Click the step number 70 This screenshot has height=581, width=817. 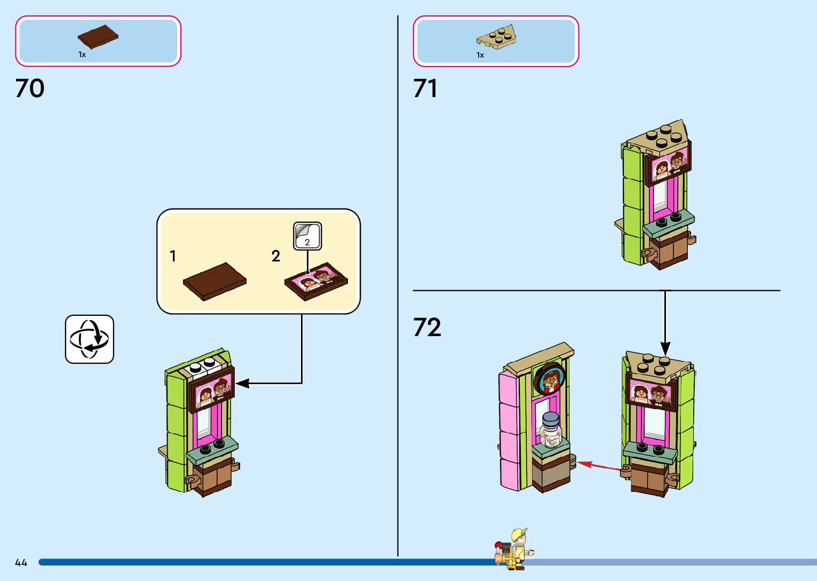tap(30, 89)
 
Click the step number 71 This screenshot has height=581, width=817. tap(425, 89)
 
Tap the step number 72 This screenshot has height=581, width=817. tap(427, 328)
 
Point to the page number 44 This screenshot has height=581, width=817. tap(21, 562)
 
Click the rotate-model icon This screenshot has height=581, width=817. tap(90, 339)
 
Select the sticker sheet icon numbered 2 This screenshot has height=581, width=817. tap(307, 236)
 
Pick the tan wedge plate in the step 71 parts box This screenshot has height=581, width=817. tap(496, 36)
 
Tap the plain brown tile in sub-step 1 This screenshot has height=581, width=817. tap(215, 281)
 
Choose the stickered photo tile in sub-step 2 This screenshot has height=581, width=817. tap(316, 281)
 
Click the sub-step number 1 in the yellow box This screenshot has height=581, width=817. tap(173, 257)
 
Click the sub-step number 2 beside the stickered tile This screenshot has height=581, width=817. tap(275, 257)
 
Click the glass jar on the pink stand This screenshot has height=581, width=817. tap(550, 430)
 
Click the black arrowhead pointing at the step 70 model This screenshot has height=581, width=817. tap(241, 383)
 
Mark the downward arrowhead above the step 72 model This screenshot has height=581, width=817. tap(665, 348)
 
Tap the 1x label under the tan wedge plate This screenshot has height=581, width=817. tap(480, 55)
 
